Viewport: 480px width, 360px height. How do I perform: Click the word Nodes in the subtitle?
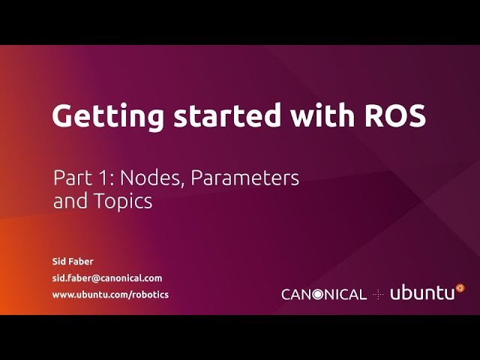[x=141, y=178]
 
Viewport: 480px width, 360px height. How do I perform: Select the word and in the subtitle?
[x=68, y=201]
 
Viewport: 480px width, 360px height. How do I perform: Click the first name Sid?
[x=59, y=262]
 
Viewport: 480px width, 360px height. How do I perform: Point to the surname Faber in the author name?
[x=82, y=262]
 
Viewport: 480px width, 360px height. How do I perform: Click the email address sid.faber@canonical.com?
[x=106, y=277]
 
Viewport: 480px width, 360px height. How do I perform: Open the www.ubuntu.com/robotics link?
[x=110, y=294]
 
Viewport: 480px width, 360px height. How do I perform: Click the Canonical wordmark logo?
[x=324, y=294]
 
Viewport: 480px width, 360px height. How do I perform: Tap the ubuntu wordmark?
[x=422, y=293]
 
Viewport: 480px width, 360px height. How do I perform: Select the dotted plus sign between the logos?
[x=378, y=294]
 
